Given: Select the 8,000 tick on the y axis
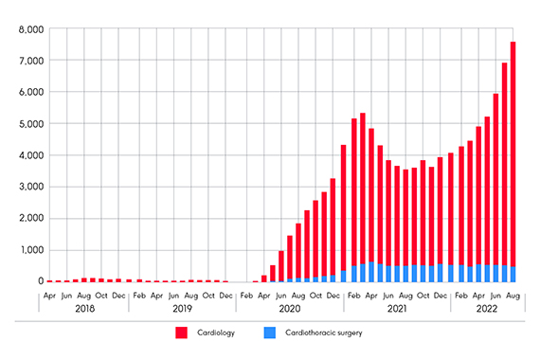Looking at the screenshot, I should (29, 29).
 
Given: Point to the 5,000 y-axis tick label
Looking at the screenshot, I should (29, 124).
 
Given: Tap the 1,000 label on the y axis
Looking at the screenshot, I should (29, 250).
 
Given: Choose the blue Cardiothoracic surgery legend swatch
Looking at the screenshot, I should (269, 333).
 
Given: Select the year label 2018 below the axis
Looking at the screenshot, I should (86, 308).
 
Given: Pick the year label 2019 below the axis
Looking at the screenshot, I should (182, 308).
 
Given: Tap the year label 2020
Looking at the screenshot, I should (289, 308).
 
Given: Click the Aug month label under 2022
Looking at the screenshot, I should (513, 294).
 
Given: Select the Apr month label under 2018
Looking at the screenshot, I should (50, 294).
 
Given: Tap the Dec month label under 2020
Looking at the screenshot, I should (333, 294).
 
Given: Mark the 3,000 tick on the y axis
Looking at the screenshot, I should (29, 187).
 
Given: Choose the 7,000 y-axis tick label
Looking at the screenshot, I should (29, 61).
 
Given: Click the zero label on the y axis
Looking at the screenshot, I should (39, 281).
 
